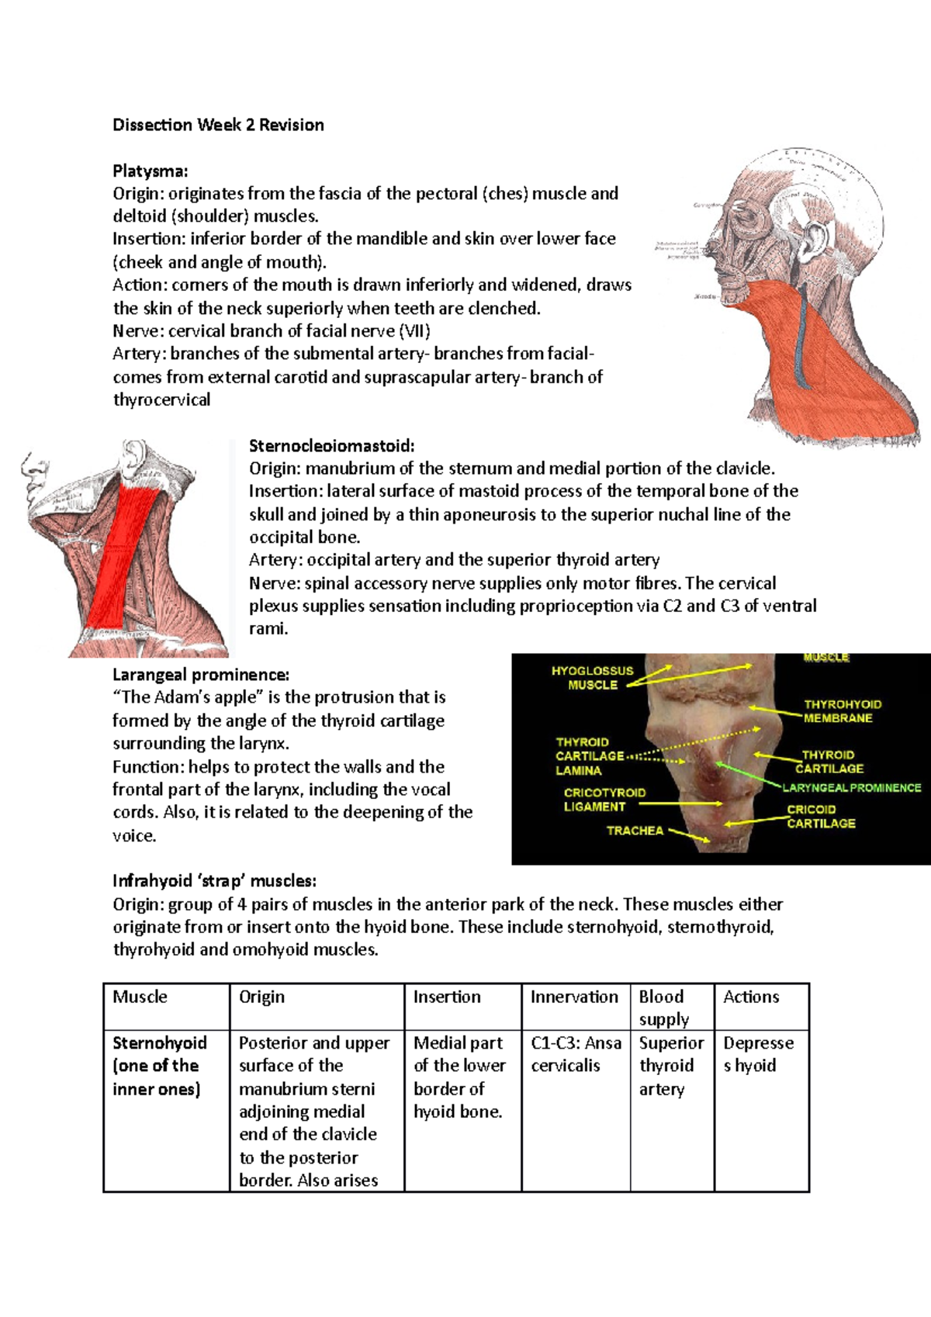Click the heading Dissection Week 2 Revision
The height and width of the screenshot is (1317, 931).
point(218,125)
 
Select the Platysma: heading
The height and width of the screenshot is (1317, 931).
point(151,171)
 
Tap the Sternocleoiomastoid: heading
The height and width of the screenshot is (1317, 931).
point(332,445)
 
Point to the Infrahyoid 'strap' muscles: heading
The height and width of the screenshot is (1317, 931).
point(214,880)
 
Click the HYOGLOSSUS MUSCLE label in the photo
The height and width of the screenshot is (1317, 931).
point(592,677)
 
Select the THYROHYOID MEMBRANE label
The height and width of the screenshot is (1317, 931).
point(842,710)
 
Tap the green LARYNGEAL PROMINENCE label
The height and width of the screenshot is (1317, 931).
point(851,787)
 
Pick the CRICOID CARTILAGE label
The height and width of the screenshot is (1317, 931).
point(821,816)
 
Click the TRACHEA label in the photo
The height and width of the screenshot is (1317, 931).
point(635,830)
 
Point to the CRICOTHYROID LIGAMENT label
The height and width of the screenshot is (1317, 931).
point(604,800)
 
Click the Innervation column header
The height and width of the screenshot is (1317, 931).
point(574,997)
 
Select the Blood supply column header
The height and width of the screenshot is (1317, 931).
point(664,1007)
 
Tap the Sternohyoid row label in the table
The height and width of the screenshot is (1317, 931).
point(160,1042)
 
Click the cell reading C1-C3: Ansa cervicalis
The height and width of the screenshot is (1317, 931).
point(576,1054)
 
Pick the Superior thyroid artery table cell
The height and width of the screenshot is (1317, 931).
point(671,1066)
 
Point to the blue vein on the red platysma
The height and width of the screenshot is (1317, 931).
point(801,341)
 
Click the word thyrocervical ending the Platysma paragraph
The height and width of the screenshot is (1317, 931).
point(161,400)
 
